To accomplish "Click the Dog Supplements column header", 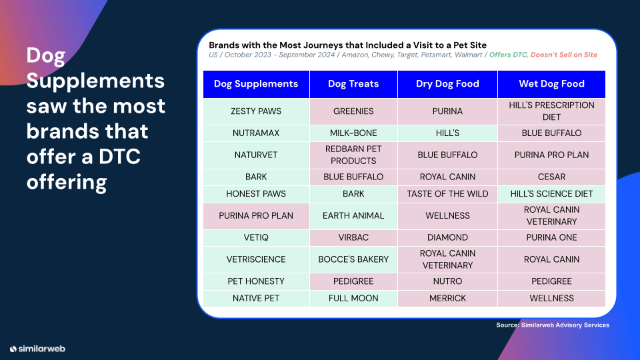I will (256, 84).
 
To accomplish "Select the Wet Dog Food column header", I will (551, 84).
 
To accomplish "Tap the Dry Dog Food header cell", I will (447, 84).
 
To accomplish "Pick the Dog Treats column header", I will (353, 84).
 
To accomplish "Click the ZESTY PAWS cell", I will (256, 111).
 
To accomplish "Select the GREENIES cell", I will (353, 111).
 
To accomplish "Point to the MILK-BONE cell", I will (353, 133).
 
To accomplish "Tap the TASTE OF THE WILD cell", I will (447, 194).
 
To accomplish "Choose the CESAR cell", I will (551, 177).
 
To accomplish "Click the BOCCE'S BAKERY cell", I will (353, 259).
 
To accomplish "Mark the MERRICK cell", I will (447, 298).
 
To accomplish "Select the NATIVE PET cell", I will (256, 298).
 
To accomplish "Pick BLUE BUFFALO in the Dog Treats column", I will (353, 177).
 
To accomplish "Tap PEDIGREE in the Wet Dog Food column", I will (551, 281).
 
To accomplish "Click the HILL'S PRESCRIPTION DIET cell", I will (551, 111).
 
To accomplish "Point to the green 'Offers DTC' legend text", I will (508, 55).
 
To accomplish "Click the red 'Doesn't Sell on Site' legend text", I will (564, 55).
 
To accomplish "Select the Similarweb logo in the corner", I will (37, 349).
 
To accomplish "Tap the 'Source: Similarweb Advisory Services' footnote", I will (553, 325).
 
